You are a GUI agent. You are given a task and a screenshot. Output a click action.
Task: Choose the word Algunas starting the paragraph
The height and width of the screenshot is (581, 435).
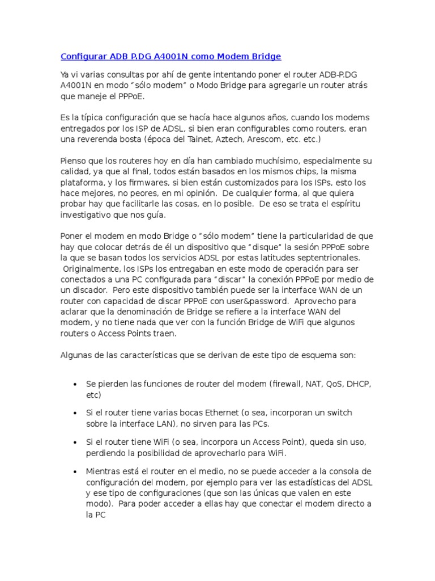click(x=76, y=355)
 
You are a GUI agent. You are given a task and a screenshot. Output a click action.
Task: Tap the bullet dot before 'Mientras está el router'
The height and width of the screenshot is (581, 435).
click(x=75, y=472)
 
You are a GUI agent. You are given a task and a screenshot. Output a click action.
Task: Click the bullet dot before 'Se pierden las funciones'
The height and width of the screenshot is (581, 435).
click(x=75, y=385)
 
